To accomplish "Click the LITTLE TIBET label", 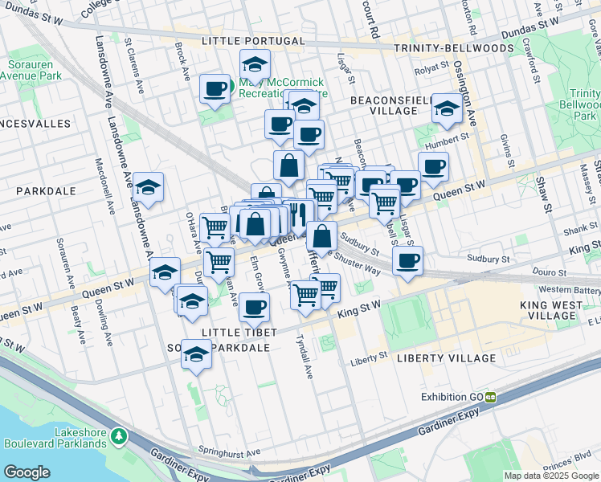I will pyautogui.click(x=239, y=333).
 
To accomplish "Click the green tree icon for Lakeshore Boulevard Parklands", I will pyautogui.click(x=119, y=436).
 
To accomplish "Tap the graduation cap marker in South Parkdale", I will pyautogui.click(x=195, y=354).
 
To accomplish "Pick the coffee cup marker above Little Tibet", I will pyautogui.click(x=255, y=306).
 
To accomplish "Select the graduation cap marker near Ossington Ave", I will pyautogui.click(x=447, y=108).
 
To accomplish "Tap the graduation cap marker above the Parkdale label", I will pyautogui.click(x=148, y=186).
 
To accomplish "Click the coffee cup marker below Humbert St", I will pyautogui.click(x=433, y=166).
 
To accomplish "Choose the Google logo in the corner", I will pyautogui.click(x=27, y=472).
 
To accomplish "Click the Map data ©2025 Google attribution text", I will pyautogui.click(x=551, y=476).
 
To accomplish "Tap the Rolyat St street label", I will pyautogui.click(x=428, y=71).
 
